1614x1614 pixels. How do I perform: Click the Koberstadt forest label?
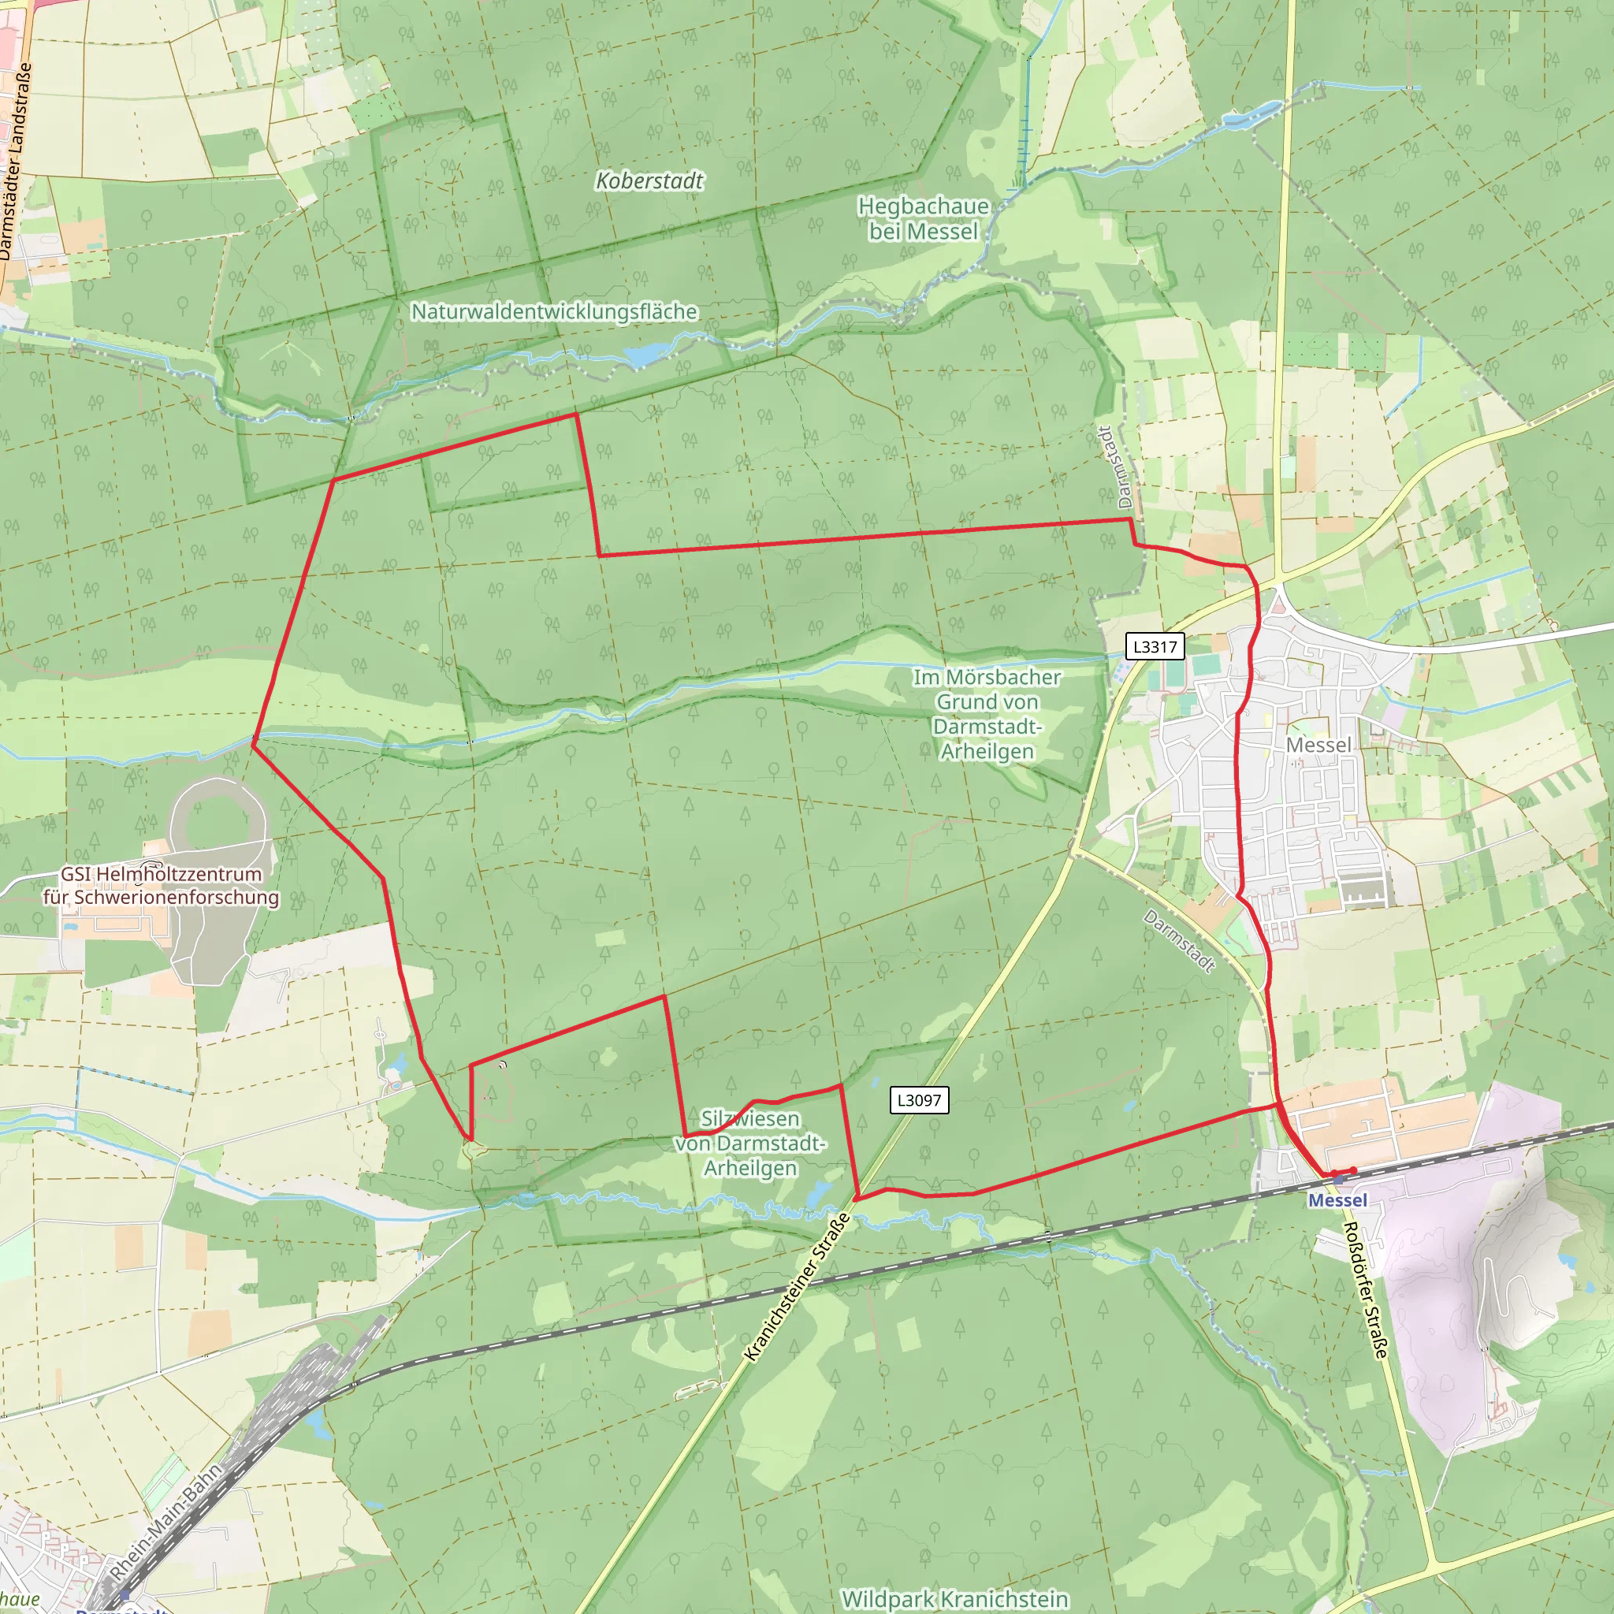[649, 180]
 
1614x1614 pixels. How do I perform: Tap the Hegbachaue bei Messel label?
[922, 218]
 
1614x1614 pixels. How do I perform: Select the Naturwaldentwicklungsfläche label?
[554, 311]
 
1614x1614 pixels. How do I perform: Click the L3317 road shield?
[1155, 646]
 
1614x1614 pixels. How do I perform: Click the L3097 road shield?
[918, 1100]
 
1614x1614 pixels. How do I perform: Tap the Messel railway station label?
[1337, 1200]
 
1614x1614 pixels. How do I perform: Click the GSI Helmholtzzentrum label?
[162, 886]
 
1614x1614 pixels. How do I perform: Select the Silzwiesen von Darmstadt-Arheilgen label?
[750, 1143]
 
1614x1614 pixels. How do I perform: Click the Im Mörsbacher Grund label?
[987, 713]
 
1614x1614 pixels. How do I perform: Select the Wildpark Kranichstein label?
[954, 1598]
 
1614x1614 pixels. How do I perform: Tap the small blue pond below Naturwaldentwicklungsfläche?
[645, 355]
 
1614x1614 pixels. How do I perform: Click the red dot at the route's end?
[1353, 1170]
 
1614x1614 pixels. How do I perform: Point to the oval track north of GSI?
[218, 819]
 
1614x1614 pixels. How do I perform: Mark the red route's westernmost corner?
[253, 742]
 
